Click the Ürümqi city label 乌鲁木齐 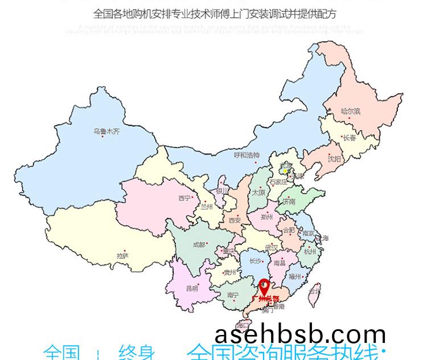(106, 131)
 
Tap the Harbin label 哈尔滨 (351, 111)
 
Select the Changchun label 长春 (350, 138)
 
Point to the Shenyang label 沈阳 (334, 159)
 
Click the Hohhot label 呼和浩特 (247, 155)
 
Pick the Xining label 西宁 (184, 198)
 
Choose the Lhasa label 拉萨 (122, 255)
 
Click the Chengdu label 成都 (199, 245)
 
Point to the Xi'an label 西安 (235, 220)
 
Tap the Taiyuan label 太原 (258, 193)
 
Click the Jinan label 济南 (289, 201)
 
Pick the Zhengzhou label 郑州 (266, 217)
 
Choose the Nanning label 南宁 (232, 295)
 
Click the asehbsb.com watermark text (301, 335)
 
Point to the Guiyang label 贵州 (229, 272)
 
